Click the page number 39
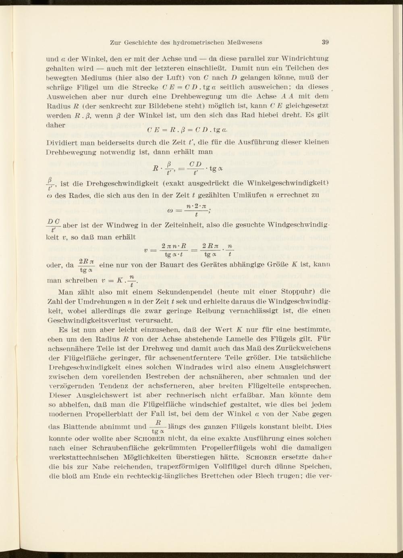tap(326, 42)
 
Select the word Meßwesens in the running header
tap(245, 42)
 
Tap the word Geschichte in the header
tap(143, 42)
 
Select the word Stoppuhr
tap(305, 292)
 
